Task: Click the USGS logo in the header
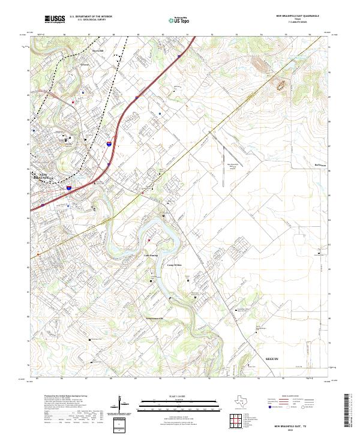point(55,19)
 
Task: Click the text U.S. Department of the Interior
point(91,16)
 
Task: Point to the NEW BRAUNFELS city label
point(43,176)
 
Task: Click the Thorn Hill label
point(97,52)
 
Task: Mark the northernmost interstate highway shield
point(179,57)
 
